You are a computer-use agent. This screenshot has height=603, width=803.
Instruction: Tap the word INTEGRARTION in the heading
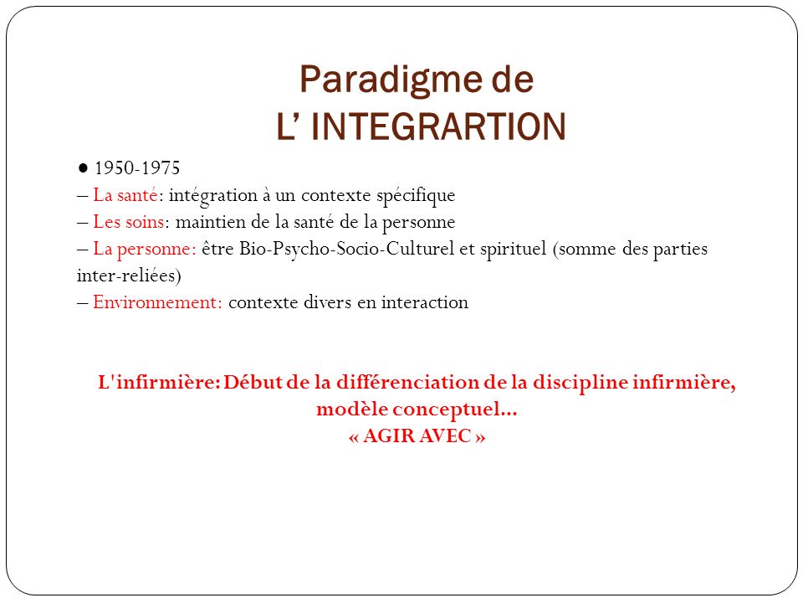click(438, 126)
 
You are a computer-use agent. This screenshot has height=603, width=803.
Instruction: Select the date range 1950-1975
click(137, 168)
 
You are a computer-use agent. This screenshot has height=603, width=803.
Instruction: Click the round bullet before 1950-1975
click(83, 167)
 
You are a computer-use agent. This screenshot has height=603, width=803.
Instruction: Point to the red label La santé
click(125, 195)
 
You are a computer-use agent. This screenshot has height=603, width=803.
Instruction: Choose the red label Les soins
click(129, 222)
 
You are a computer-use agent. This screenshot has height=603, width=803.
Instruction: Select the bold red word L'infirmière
click(157, 383)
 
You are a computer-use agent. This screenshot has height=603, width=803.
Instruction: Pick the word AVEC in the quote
click(445, 436)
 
